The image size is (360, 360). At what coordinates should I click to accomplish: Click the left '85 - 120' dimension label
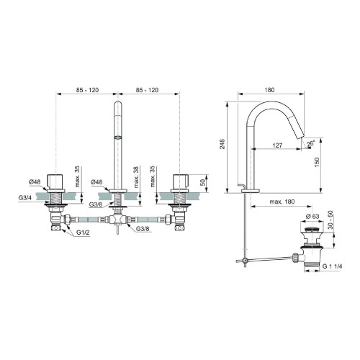click(86, 91)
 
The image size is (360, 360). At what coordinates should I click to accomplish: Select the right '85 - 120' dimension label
click(148, 91)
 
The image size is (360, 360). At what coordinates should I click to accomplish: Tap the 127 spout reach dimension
click(277, 144)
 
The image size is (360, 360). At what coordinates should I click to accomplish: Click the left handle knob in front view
click(57, 180)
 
